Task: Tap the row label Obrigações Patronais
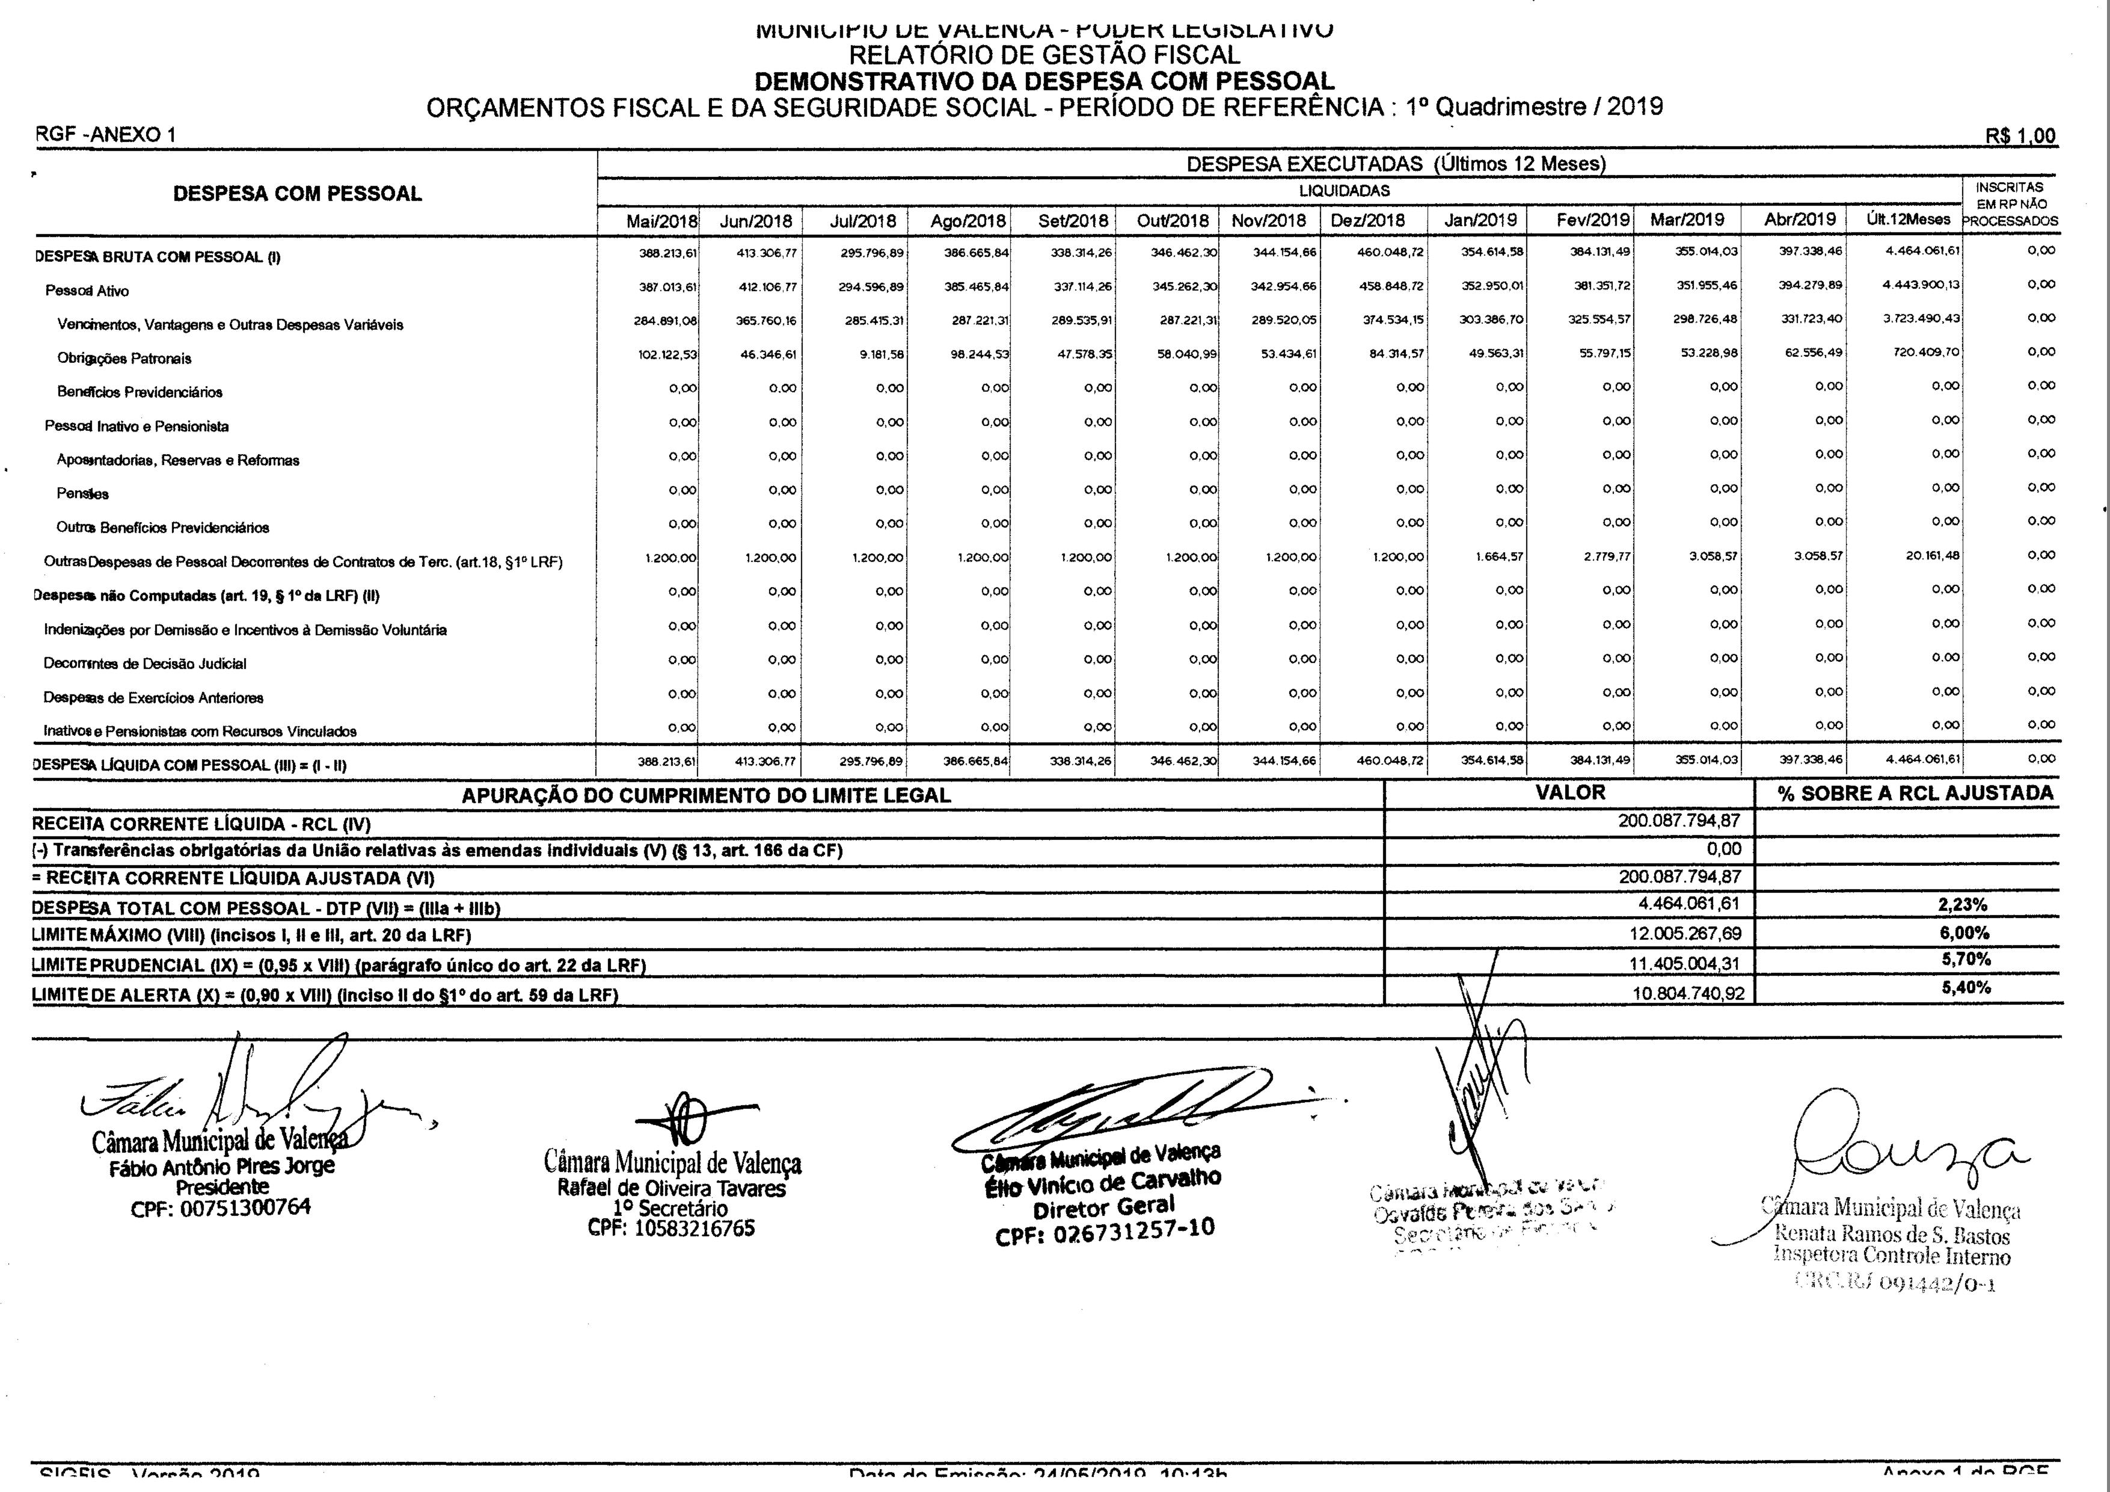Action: pos(124,359)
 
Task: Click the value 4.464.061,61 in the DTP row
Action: pos(1688,904)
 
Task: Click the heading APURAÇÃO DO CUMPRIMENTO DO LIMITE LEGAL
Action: pos(706,795)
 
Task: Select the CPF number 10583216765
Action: pos(671,1228)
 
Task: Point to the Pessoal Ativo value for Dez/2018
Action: pos(1390,286)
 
